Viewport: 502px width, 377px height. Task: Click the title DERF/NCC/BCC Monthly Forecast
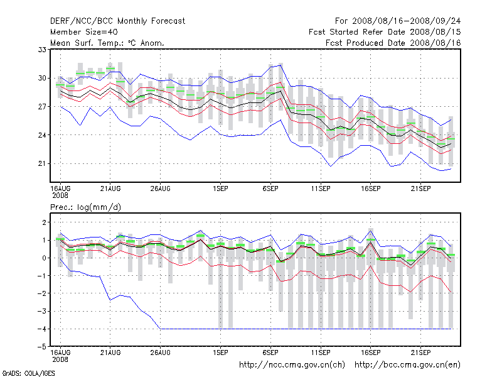click(x=117, y=21)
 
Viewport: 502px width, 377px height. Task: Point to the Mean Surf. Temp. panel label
click(x=107, y=43)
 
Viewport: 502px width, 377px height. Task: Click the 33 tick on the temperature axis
click(x=43, y=49)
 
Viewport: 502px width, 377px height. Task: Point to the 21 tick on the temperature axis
click(x=43, y=163)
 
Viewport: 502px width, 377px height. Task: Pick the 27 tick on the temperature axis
click(x=43, y=106)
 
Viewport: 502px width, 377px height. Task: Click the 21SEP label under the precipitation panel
click(x=420, y=352)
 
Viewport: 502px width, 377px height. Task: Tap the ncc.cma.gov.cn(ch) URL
click(x=292, y=364)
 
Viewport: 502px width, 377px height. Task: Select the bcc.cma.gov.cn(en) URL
click(x=407, y=364)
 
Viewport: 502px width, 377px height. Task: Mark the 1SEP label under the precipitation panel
click(x=220, y=352)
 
